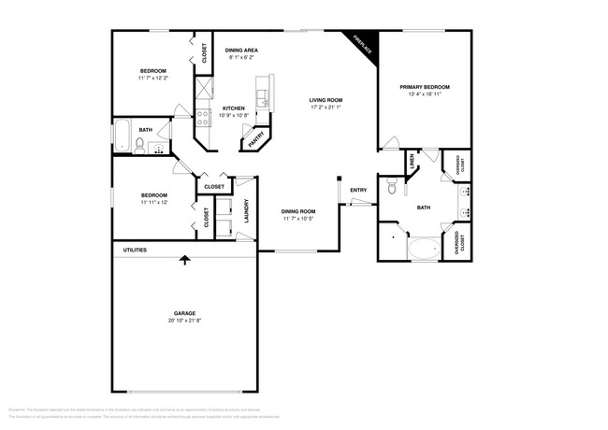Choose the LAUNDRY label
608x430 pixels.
247,212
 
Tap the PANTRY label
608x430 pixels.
255,140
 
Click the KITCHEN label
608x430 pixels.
234,108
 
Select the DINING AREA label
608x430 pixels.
241,50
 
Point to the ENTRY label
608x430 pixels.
358,191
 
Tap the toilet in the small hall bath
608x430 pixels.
140,144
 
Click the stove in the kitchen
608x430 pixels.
203,118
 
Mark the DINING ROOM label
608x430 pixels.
298,211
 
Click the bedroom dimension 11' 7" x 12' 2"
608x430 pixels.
153,79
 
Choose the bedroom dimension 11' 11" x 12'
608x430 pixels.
153,202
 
